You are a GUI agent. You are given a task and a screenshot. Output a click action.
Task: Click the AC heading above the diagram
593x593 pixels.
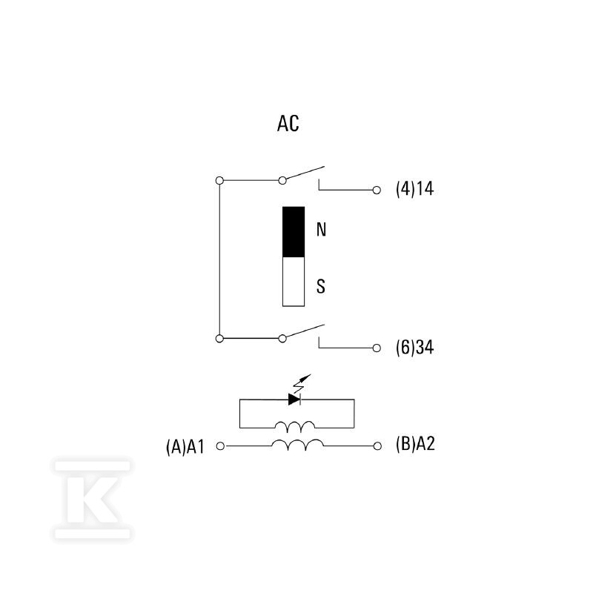(x=288, y=123)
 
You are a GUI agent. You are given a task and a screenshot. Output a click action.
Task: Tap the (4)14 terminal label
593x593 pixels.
(x=415, y=189)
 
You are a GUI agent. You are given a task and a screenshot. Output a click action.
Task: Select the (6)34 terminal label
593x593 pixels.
(x=415, y=347)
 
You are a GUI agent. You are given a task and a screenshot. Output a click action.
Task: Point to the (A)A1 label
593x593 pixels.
(x=185, y=447)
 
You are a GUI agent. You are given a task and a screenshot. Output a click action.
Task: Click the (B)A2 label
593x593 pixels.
(x=415, y=443)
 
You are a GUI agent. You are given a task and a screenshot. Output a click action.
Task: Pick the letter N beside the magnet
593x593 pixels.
(x=321, y=230)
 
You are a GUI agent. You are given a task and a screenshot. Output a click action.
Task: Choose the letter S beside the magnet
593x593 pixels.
(x=321, y=286)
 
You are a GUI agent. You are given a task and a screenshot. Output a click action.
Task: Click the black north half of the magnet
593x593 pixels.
(x=294, y=232)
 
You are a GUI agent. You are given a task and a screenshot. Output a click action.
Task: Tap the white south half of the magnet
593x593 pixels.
(x=294, y=282)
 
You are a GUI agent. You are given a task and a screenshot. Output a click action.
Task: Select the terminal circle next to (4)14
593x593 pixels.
(x=377, y=191)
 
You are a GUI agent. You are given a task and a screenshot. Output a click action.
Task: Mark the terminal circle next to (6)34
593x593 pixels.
(x=377, y=348)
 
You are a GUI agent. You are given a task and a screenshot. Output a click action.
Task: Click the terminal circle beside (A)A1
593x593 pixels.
(x=220, y=446)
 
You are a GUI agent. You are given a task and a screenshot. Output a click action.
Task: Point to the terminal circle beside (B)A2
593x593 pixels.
(x=377, y=446)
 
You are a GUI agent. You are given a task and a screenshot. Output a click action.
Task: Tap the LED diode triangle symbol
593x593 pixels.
(x=294, y=400)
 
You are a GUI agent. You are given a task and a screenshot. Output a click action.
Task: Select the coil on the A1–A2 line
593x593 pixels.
(x=298, y=444)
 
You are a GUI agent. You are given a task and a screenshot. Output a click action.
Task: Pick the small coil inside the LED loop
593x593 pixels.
(x=294, y=426)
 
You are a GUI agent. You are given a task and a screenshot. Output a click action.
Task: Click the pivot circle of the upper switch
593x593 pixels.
(x=282, y=180)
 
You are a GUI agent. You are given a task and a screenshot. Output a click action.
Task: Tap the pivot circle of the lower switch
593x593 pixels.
(x=282, y=339)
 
